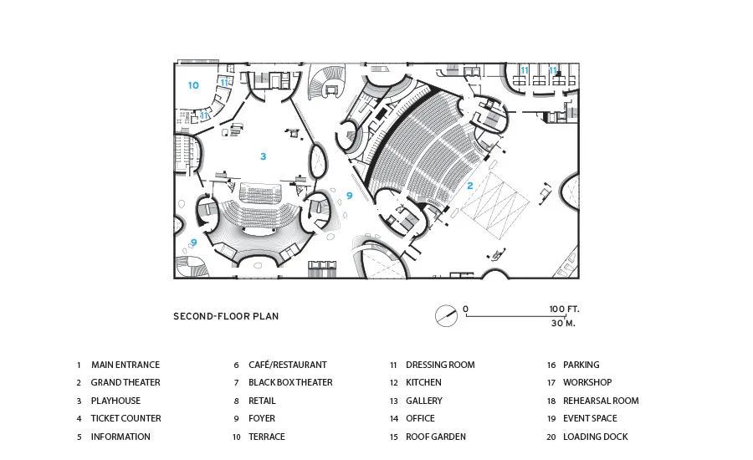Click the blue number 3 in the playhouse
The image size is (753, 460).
pyautogui.click(x=263, y=156)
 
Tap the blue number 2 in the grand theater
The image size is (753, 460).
pyautogui.click(x=470, y=186)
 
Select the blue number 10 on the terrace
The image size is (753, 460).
pyautogui.click(x=193, y=85)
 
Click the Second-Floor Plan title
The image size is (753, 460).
pyautogui.click(x=226, y=316)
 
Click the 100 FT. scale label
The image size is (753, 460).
pyautogui.click(x=564, y=309)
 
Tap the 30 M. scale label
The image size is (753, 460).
pyautogui.click(x=564, y=323)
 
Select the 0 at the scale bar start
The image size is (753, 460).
pyautogui.click(x=466, y=309)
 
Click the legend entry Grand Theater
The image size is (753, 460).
pyautogui.click(x=125, y=382)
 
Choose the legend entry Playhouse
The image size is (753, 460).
pyautogui.click(x=115, y=401)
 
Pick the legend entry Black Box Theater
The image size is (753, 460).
pyautogui.click(x=290, y=382)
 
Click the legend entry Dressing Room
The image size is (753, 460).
pyautogui.click(x=440, y=365)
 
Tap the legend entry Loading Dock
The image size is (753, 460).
pyautogui.click(x=595, y=437)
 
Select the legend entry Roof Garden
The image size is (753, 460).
pyautogui.click(x=436, y=437)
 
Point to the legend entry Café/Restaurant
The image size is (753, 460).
pyautogui.click(x=287, y=365)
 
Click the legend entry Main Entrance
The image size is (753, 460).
pyautogui.click(x=125, y=365)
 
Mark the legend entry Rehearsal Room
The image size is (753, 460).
pyautogui.click(x=601, y=401)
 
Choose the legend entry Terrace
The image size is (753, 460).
pyautogui.click(x=266, y=437)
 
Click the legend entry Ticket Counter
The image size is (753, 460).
pyautogui.click(x=125, y=418)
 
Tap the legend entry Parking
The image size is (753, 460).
pyautogui.click(x=581, y=365)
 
